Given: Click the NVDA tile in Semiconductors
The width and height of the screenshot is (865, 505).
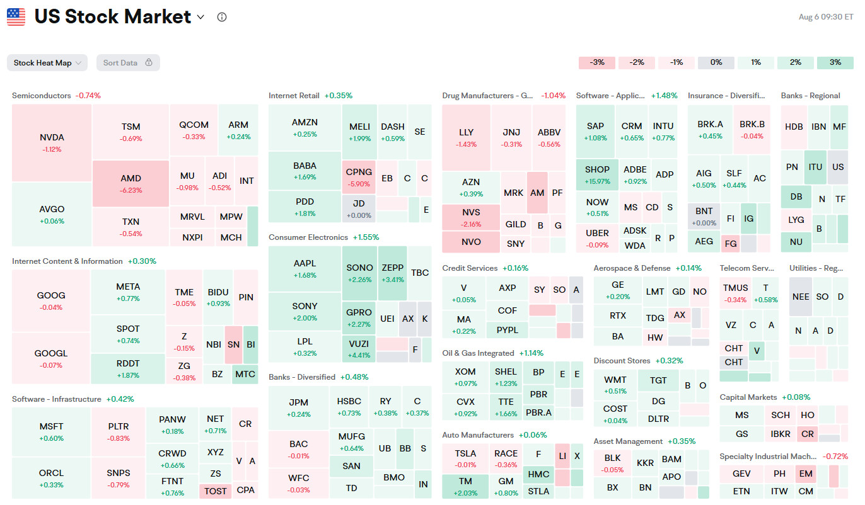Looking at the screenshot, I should (x=52, y=143).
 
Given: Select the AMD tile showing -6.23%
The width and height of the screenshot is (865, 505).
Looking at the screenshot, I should (x=131, y=183).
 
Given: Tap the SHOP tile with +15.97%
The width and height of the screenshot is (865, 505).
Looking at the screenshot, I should (x=597, y=174).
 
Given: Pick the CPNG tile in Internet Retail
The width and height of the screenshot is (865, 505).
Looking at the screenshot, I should (x=359, y=177).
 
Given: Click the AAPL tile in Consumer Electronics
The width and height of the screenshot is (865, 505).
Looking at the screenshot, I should (x=305, y=268).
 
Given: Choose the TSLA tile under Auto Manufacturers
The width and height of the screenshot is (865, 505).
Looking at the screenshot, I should (x=465, y=458).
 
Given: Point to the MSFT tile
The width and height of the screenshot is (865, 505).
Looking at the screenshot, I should (x=51, y=431).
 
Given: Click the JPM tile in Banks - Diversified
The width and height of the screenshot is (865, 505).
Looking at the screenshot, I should (x=299, y=407).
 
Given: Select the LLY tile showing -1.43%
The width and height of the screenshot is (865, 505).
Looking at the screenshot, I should (x=466, y=137).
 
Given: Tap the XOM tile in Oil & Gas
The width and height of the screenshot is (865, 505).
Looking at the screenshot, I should (x=465, y=377).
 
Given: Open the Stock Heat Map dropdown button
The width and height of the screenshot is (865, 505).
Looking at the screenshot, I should (x=47, y=63).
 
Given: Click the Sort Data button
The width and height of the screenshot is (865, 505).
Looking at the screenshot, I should (x=128, y=63).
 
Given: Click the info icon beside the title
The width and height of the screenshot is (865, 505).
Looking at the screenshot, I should (x=221, y=17).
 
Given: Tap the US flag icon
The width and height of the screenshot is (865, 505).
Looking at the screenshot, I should (x=16, y=17).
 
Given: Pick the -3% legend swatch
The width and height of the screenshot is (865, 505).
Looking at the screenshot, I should (x=596, y=63).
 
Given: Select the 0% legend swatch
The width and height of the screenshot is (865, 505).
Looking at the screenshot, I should (x=716, y=63).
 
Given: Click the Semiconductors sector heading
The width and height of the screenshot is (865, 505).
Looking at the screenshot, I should (x=42, y=96).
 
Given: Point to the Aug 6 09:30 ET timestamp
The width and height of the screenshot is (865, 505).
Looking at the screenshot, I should (x=825, y=17).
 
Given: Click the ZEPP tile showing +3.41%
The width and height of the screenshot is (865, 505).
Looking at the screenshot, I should (x=392, y=273).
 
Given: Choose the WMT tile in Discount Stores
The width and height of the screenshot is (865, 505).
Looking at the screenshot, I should (x=615, y=385).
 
